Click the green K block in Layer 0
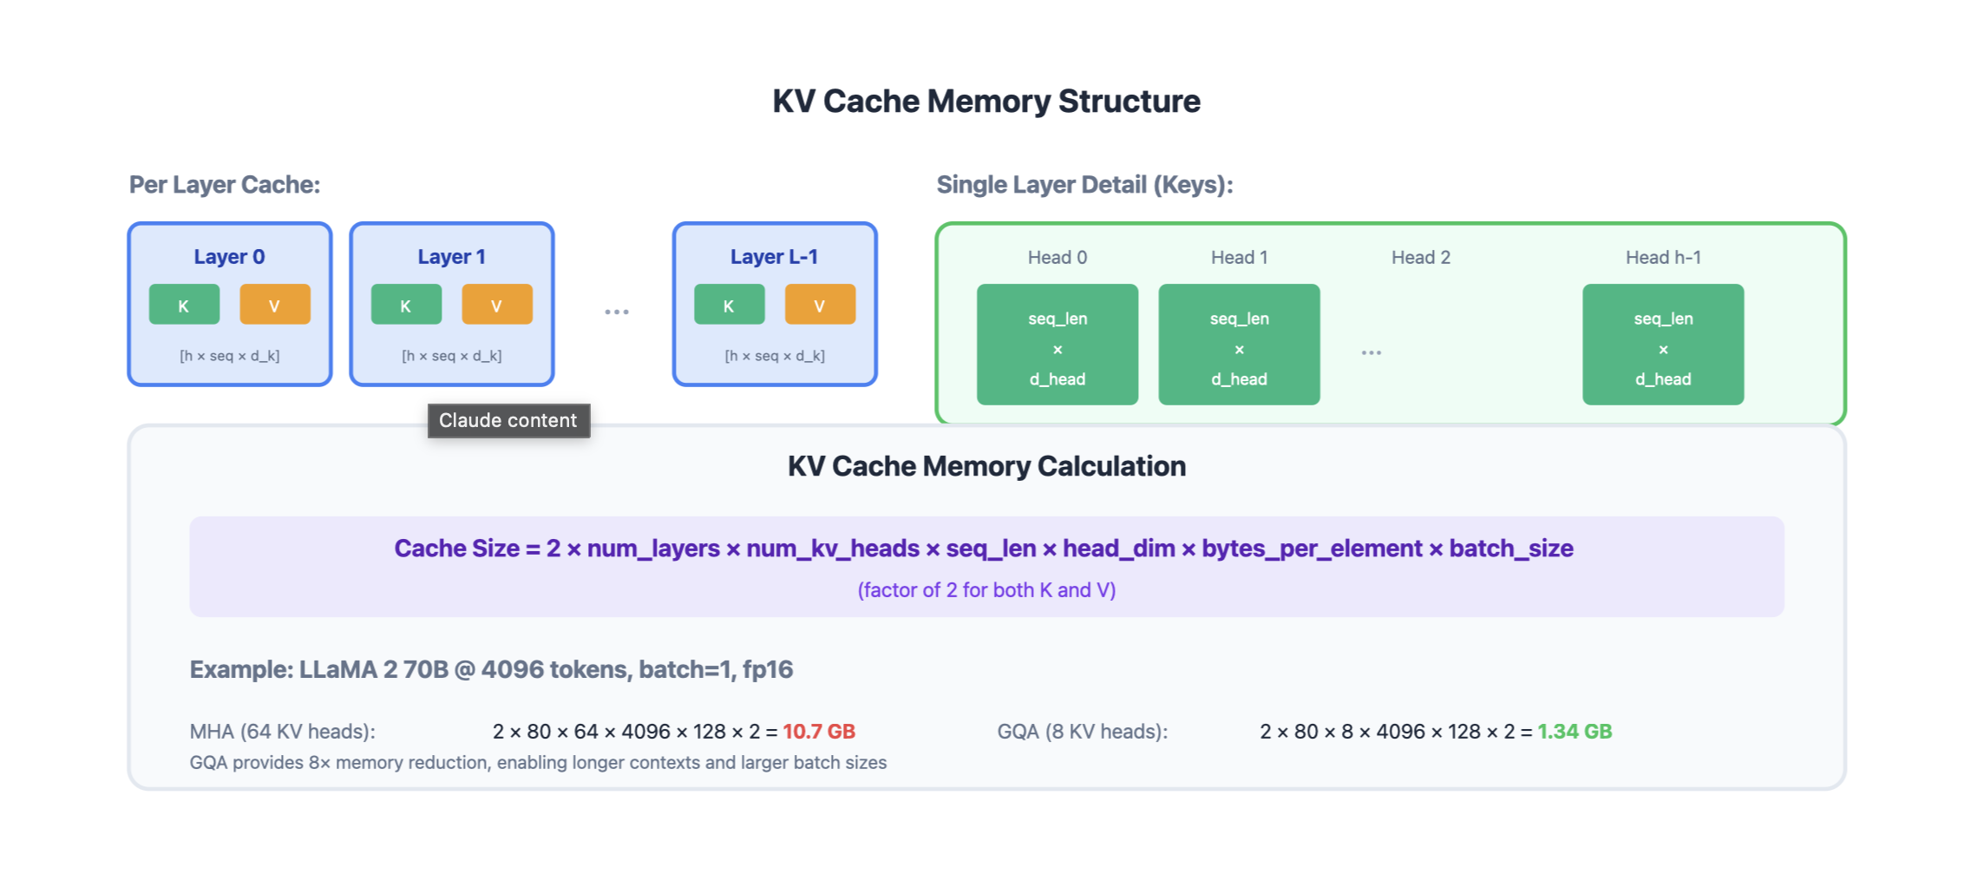[x=184, y=305]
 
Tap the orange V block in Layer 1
[x=497, y=305]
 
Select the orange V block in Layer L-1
[x=820, y=305]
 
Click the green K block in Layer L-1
[x=729, y=305]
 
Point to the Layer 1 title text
[x=451, y=257]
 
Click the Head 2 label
[x=1420, y=258]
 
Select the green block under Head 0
[x=1057, y=345]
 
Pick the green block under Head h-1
[x=1662, y=345]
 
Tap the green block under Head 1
[x=1239, y=345]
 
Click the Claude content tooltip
[x=508, y=421]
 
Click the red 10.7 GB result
[x=818, y=732]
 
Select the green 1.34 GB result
[x=1574, y=732]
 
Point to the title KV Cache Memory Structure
[x=985, y=102]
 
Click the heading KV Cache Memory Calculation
[x=985, y=466]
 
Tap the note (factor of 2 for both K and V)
[x=985, y=590]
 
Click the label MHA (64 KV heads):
[x=282, y=732]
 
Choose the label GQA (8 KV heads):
[x=1082, y=732]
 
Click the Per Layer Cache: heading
[x=225, y=185]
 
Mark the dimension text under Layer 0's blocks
[x=229, y=356]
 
